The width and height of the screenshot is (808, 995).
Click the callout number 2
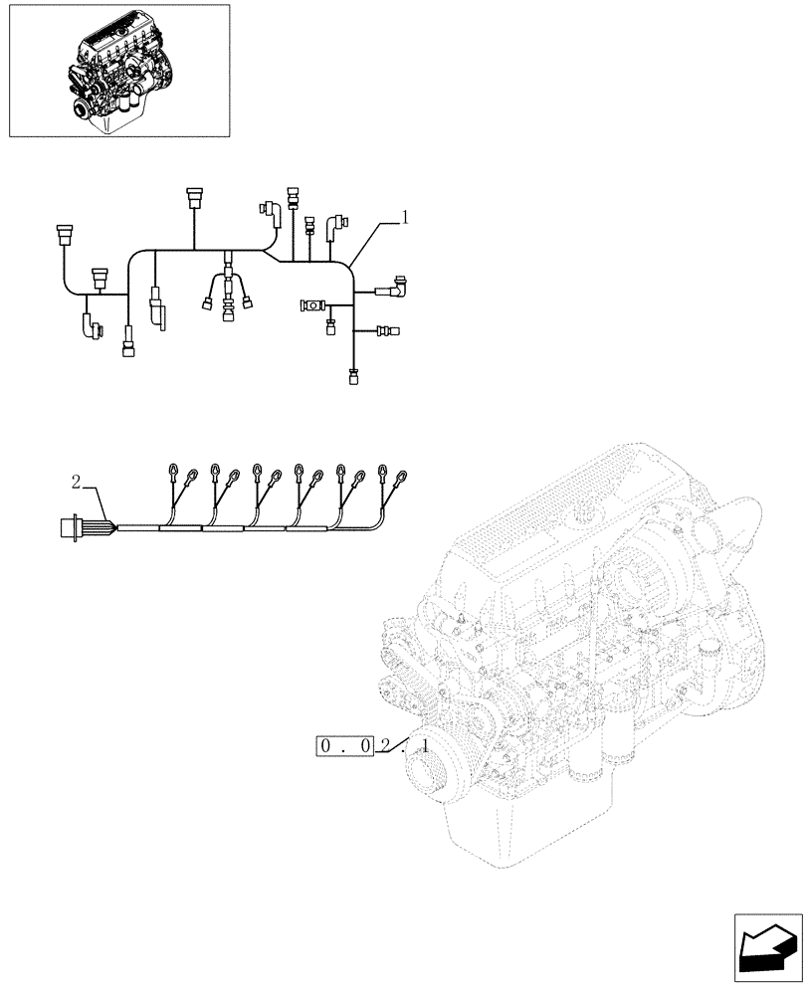point(76,483)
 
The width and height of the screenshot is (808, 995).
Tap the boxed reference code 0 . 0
point(343,746)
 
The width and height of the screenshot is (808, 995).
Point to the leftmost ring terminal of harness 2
point(174,471)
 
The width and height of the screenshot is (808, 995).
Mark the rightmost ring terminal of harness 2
point(403,477)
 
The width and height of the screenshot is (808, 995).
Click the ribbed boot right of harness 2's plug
point(101,526)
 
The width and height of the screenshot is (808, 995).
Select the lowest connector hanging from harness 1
point(352,376)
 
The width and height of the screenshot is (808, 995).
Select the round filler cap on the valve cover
point(587,510)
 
